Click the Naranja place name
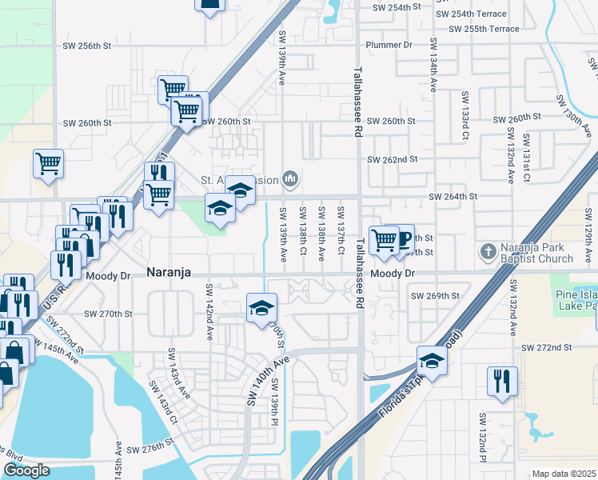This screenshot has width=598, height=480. coord(169,273)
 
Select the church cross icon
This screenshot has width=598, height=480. coord(488,252)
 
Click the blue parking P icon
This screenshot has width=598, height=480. coord(403,238)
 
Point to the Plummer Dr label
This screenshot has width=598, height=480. coord(389,45)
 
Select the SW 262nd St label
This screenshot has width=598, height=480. coord(393,159)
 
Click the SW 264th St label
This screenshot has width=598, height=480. coord(452,196)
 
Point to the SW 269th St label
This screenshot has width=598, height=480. coord(435,296)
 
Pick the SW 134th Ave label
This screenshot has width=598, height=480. coord(433,64)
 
